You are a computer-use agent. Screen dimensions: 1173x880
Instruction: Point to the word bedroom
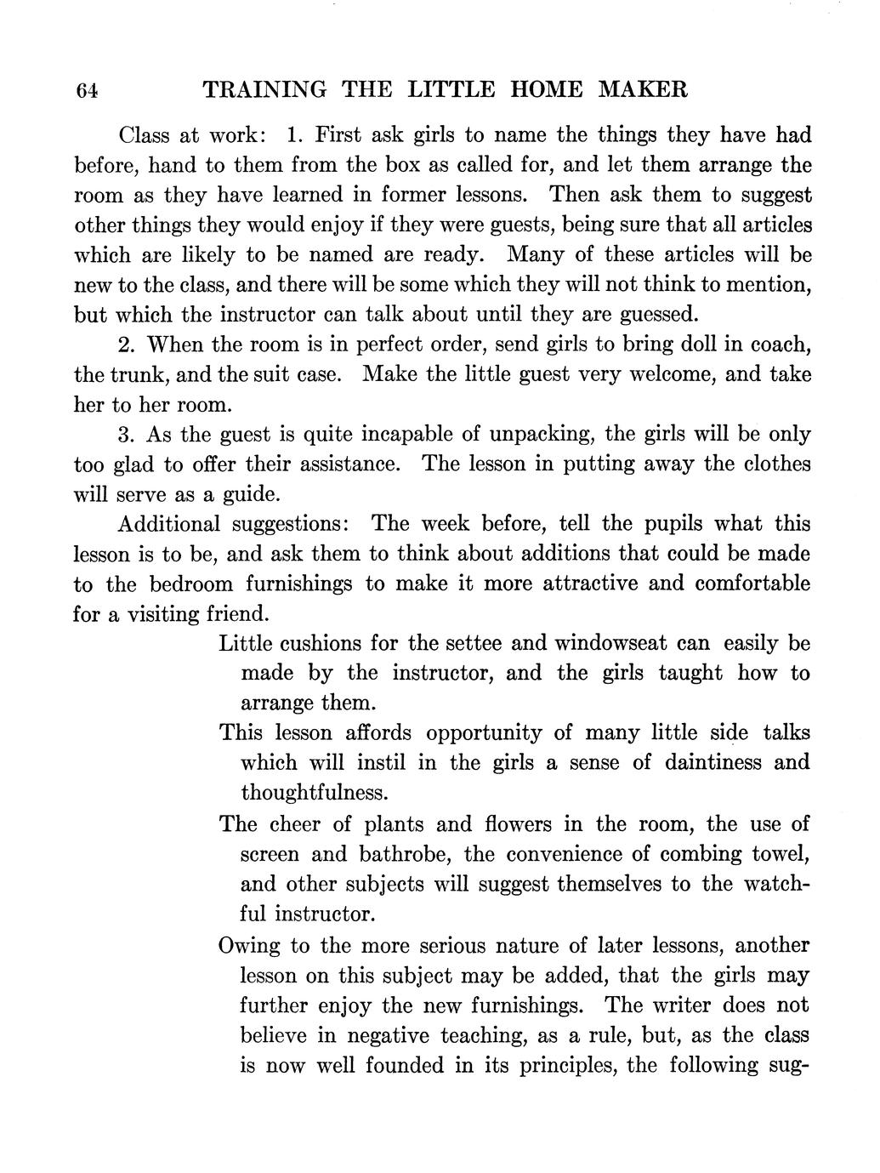tap(190, 584)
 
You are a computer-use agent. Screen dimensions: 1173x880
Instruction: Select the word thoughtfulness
tap(315, 793)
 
